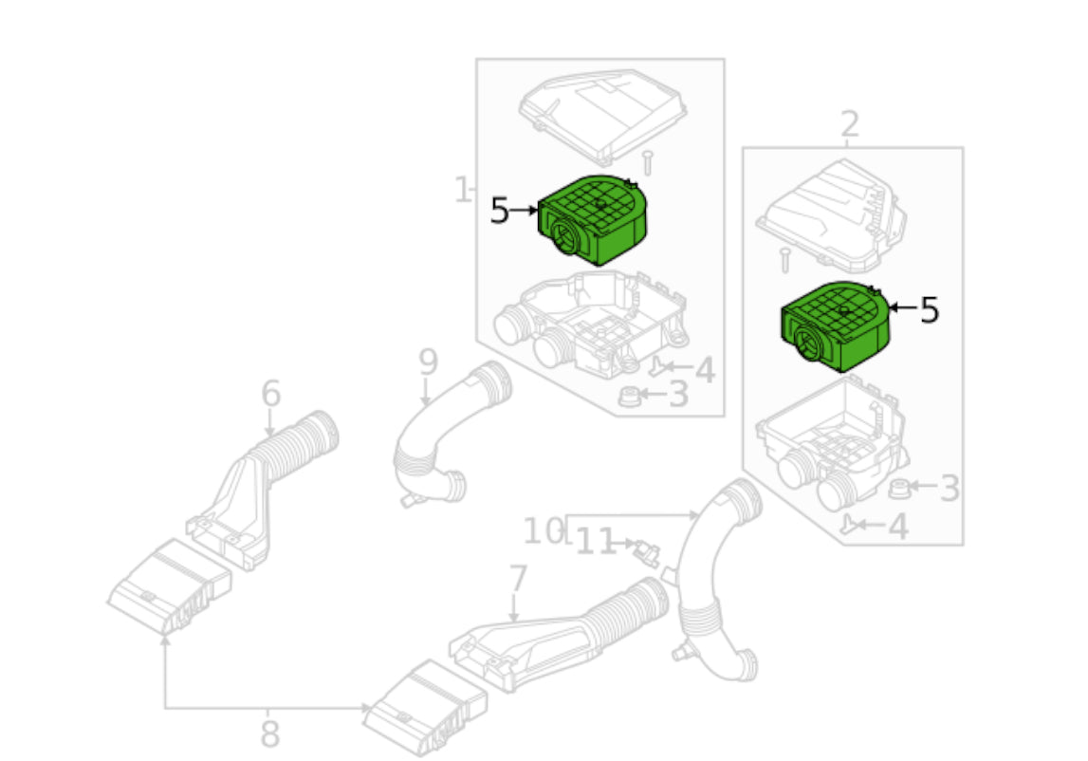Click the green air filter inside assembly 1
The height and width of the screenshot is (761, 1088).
pos(593,220)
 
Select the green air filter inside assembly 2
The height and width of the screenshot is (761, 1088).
pos(837,327)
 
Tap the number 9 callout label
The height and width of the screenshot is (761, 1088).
pos(428,362)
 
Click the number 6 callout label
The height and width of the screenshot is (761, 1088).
pos(271,393)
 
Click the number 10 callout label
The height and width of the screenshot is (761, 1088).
pos(543,531)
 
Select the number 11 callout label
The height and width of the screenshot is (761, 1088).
pos(596,542)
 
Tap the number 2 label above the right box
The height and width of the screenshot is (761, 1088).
pos(849,123)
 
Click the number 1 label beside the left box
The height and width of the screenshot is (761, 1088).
pos(463,191)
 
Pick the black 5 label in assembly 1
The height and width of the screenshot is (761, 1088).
pos(500,211)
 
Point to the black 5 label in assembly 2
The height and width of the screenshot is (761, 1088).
pos(929,309)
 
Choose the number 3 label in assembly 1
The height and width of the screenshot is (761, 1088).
pos(678,394)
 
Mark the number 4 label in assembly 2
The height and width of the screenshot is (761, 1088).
pos(897,527)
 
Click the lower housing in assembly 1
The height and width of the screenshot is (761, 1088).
pos(588,323)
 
